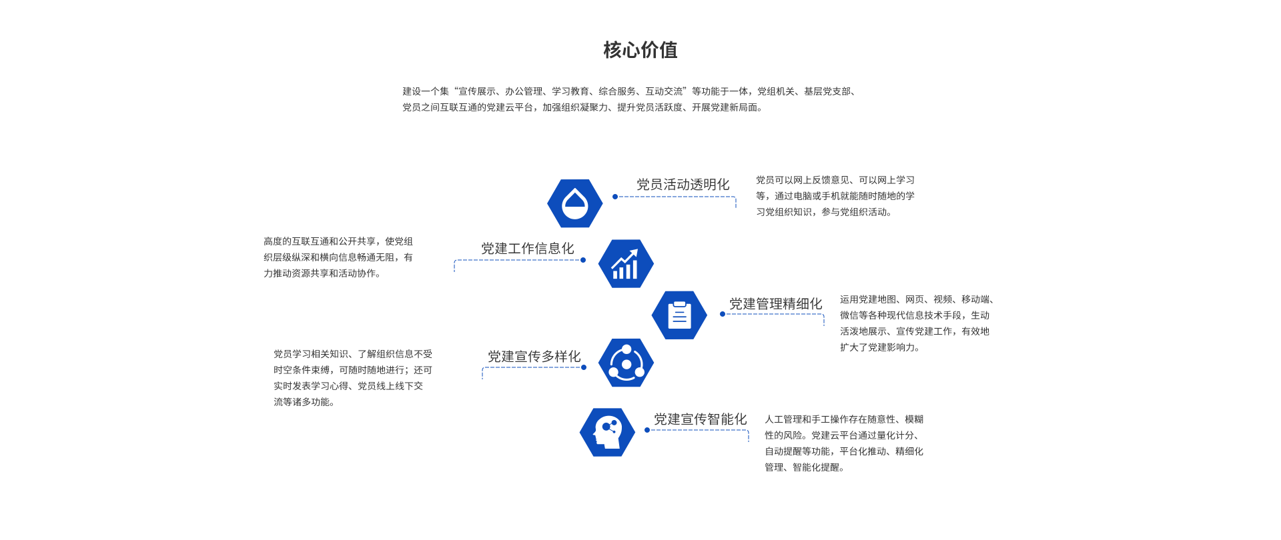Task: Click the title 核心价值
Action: tap(640, 50)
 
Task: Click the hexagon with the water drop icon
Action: tap(574, 203)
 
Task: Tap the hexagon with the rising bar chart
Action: tap(626, 264)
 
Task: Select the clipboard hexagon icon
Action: tap(679, 315)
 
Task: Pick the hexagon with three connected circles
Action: tap(626, 363)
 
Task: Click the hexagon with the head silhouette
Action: tap(607, 433)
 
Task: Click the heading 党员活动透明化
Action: tap(683, 185)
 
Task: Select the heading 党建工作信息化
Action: tap(527, 249)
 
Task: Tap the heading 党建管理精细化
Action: tap(775, 304)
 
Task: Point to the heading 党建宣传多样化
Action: tap(534, 357)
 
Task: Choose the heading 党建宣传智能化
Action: tap(700, 419)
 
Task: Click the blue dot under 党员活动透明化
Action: tap(615, 197)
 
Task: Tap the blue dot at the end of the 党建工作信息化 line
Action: tap(583, 260)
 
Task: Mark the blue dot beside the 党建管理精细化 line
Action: tap(723, 314)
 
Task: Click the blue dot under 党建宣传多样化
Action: tap(584, 367)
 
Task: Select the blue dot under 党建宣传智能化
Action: tap(647, 430)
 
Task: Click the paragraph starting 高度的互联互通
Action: tap(338, 257)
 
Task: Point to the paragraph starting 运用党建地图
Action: tap(915, 323)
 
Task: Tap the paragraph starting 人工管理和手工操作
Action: tap(843, 443)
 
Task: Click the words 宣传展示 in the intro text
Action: tap(476, 91)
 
